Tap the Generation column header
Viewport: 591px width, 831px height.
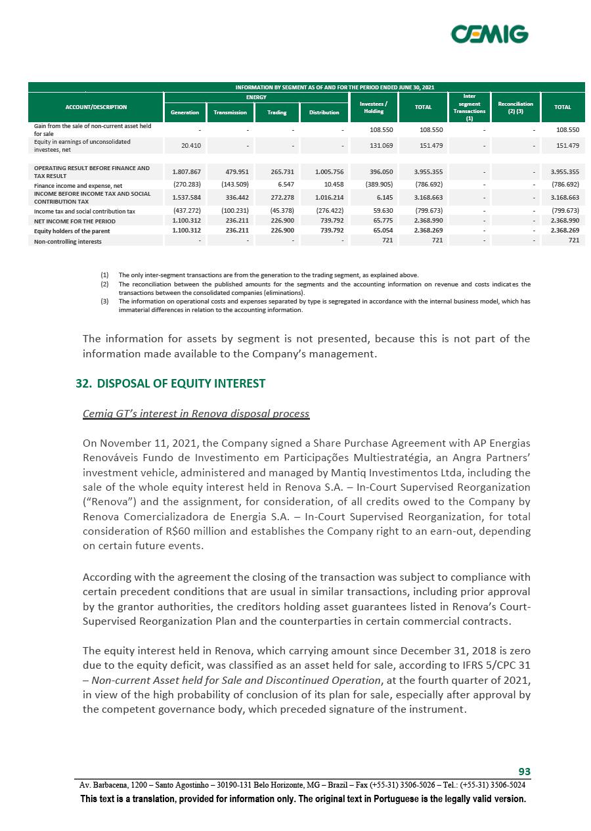(185, 112)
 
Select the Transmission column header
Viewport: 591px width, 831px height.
(230, 112)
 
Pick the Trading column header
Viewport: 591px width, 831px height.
(276, 112)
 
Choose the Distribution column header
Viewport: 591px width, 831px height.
(324, 112)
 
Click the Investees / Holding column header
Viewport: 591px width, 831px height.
(374, 107)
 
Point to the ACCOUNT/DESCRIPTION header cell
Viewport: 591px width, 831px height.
(96, 106)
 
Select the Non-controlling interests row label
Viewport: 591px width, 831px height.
(68, 241)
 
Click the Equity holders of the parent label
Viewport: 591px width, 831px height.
(72, 231)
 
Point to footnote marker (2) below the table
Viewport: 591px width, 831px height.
(104, 284)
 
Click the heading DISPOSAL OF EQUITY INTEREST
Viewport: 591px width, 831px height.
(181, 383)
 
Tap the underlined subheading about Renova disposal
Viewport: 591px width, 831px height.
(196, 414)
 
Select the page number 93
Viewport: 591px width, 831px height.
(524, 771)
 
